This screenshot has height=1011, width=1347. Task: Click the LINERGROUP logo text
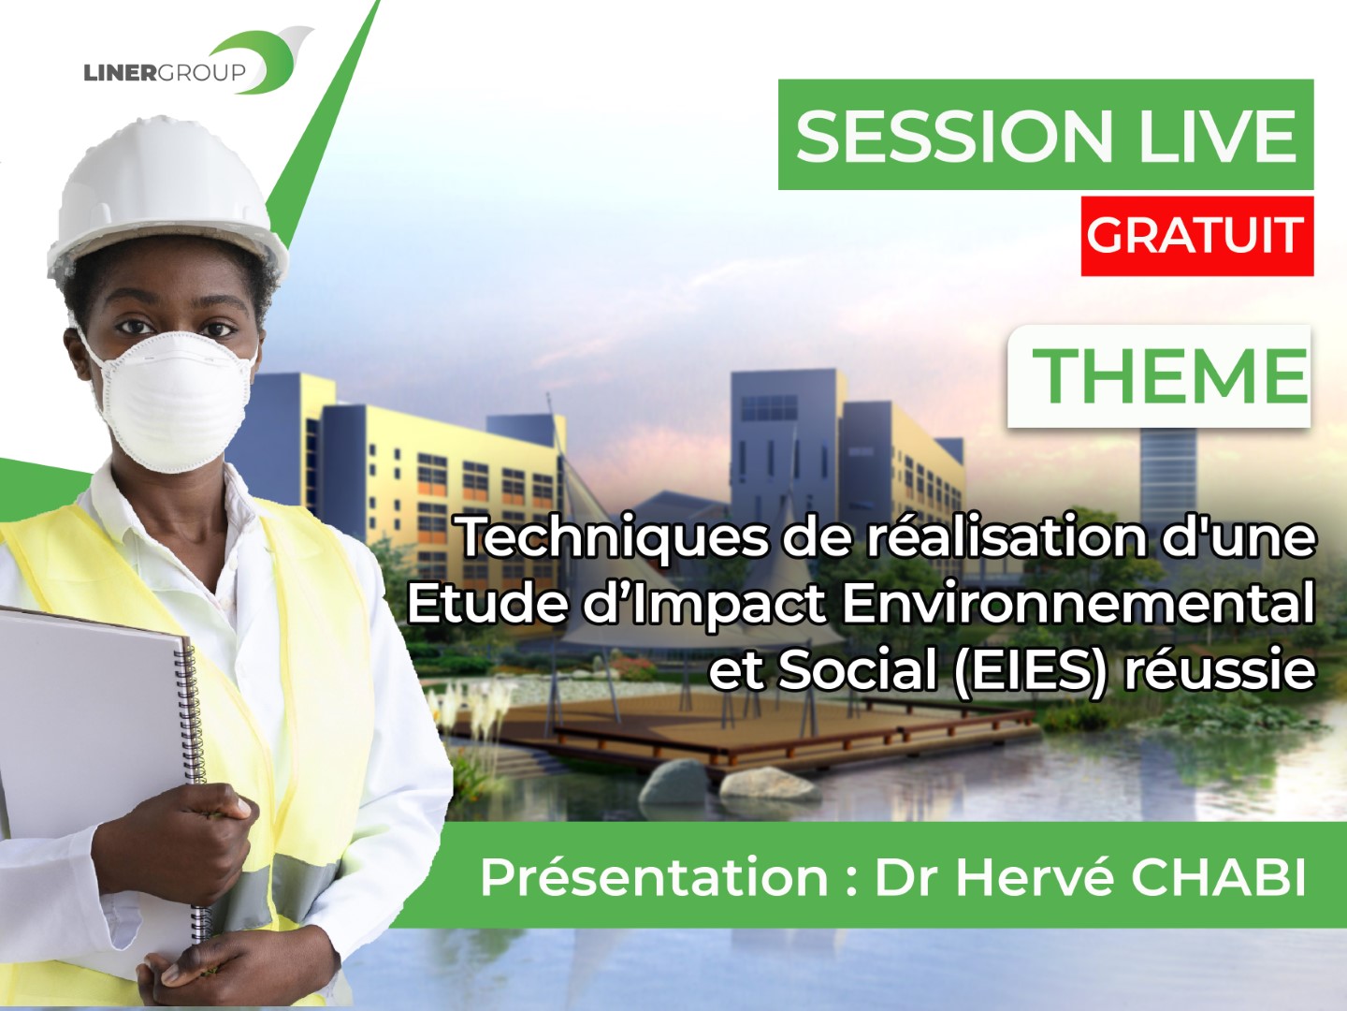click(165, 72)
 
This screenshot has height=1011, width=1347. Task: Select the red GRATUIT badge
click(1196, 236)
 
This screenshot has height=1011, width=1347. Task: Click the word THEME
click(1169, 375)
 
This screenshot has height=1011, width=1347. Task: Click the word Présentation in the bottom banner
click(655, 878)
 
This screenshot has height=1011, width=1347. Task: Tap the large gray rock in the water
click(674, 783)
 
